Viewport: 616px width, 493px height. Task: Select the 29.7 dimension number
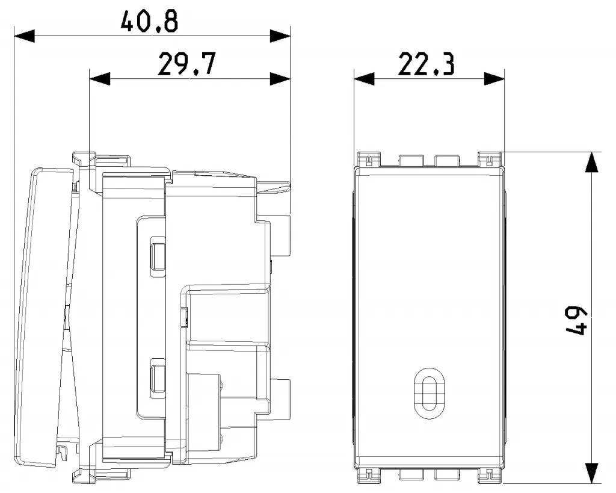click(186, 64)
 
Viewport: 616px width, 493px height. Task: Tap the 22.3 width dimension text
click(427, 64)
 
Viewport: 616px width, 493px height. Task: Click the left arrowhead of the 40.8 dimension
click(24, 36)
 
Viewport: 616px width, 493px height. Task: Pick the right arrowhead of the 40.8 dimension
click(280, 36)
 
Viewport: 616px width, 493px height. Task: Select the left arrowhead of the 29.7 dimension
click(100, 79)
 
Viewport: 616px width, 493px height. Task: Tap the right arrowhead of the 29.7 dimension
click(280, 79)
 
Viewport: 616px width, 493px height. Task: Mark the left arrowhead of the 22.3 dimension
click(364, 79)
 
